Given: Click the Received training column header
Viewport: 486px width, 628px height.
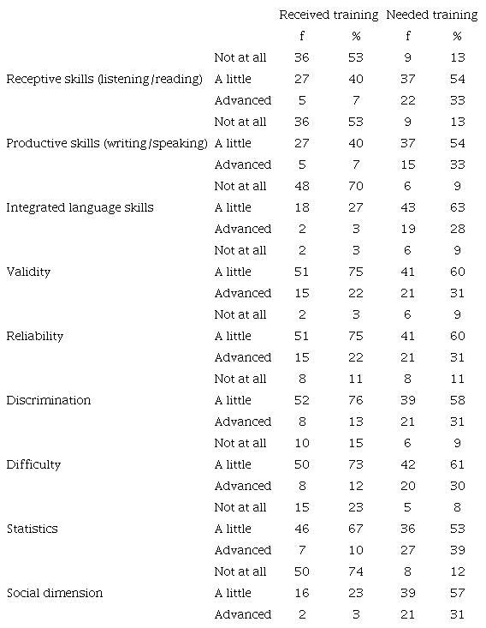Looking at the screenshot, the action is (329, 15).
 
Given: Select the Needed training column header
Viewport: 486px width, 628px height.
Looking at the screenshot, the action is (431, 15).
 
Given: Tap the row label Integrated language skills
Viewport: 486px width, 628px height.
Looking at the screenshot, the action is (80, 207).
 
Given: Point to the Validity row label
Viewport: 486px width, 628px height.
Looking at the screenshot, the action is (28, 272).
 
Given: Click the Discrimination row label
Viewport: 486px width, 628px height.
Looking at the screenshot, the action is (49, 400).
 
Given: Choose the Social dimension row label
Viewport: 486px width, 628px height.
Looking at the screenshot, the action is (54, 593).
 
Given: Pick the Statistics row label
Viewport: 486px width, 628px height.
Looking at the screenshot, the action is (32, 529).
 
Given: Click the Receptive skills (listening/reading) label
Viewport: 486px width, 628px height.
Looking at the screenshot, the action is (104, 79).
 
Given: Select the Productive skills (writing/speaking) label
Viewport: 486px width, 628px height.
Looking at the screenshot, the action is (107, 143).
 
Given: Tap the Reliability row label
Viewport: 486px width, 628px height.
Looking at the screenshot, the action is (35, 336).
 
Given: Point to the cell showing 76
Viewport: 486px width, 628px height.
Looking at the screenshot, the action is (357, 400).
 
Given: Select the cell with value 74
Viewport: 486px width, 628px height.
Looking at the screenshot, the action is (357, 571).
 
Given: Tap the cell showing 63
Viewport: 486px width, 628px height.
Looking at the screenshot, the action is (457, 207).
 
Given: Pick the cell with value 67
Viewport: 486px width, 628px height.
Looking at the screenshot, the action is (357, 529).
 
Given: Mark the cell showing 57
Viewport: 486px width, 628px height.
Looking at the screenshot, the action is (457, 593).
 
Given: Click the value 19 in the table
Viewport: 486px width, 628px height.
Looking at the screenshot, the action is (408, 229).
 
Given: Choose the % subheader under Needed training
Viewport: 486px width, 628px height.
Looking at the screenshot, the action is (457, 36).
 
